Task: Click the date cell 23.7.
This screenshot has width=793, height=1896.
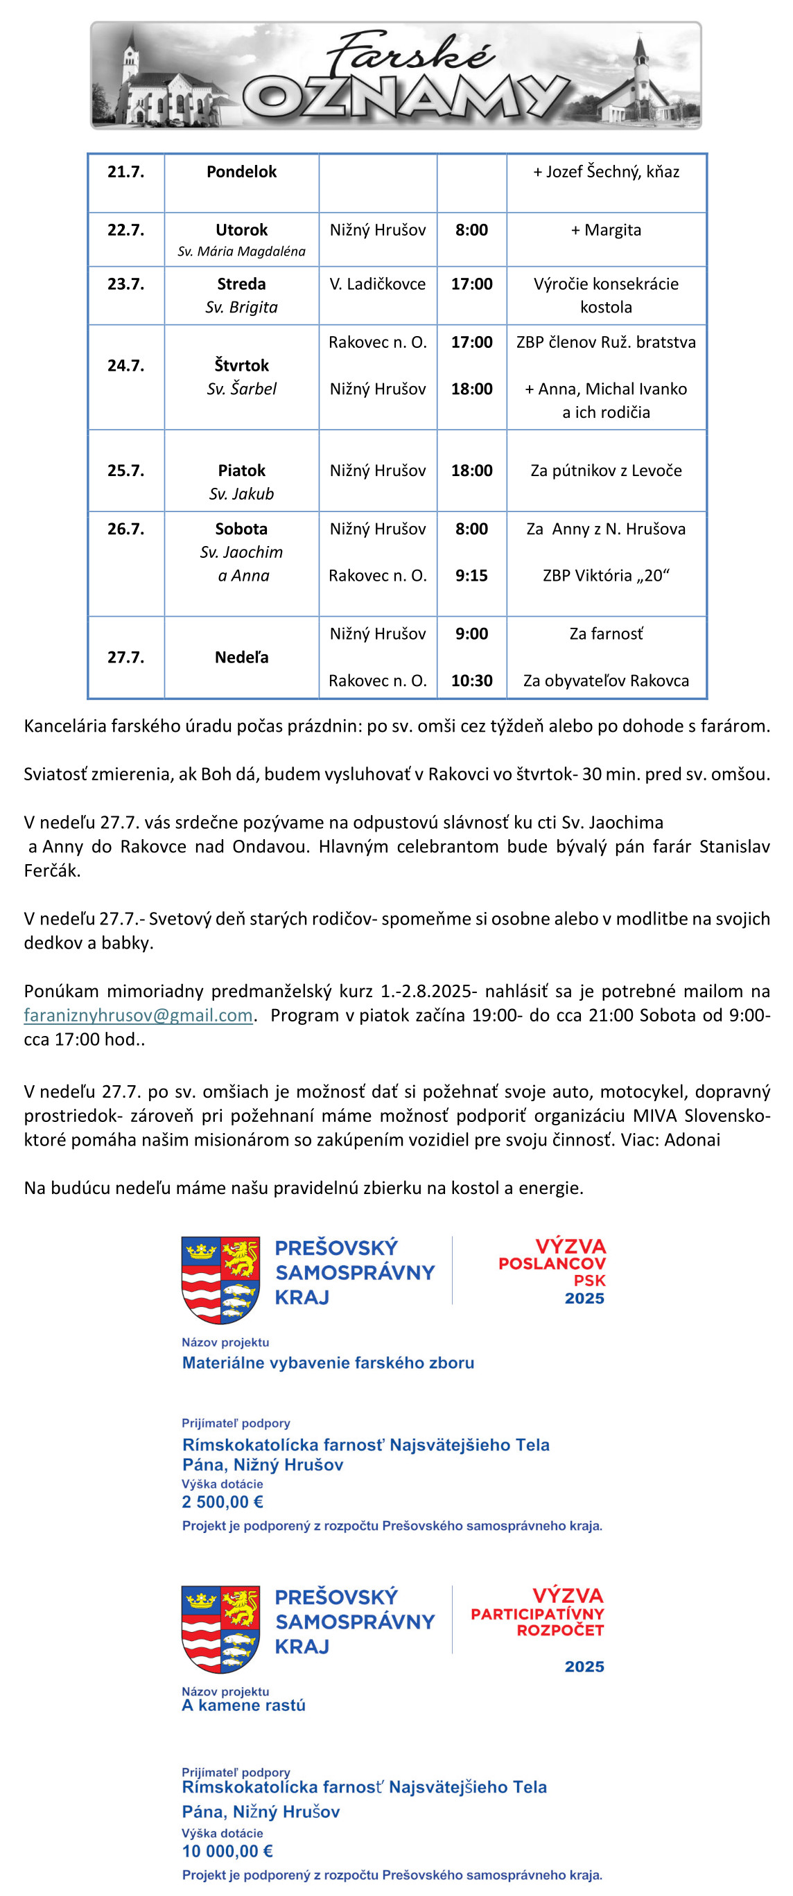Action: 126,284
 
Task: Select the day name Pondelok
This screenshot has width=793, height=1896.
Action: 241,171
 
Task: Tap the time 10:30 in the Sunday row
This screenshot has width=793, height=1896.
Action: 471,681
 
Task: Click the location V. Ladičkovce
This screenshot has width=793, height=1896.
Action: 377,284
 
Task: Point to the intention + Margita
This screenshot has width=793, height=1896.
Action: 606,230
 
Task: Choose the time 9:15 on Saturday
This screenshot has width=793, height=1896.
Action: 471,576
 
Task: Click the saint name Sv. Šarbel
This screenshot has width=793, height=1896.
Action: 241,389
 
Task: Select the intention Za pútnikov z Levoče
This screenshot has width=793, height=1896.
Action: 606,471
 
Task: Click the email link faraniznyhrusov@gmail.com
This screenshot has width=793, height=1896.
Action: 139,1015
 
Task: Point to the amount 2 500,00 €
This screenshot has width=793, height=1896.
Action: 223,1502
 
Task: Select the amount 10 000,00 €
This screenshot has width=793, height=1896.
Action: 227,1851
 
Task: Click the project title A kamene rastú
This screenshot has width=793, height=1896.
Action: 244,1705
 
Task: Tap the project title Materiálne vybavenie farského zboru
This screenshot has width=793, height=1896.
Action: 328,1362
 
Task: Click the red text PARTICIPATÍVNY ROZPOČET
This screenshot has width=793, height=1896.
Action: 537,1622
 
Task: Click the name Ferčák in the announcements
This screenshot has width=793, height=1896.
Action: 51,870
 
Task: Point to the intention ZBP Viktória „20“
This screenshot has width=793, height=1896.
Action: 606,576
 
